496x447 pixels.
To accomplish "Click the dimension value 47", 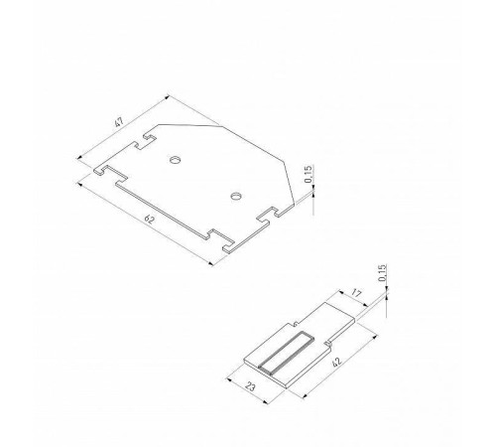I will [x=119, y=124].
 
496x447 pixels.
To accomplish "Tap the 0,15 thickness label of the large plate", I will [x=310, y=177].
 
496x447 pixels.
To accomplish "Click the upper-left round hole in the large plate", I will [x=175, y=159].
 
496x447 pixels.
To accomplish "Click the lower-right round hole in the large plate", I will [x=236, y=196].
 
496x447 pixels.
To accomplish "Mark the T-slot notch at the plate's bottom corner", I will [x=220, y=238].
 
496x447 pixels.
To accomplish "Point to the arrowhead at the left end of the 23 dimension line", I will [x=230, y=376].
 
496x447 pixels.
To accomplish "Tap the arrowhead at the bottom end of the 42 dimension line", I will [x=299, y=394].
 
